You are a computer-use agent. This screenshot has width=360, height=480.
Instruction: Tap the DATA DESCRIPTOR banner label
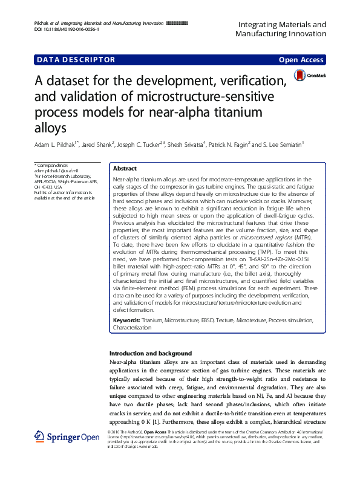click(76, 60)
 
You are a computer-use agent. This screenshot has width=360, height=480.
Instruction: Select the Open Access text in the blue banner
click(301, 60)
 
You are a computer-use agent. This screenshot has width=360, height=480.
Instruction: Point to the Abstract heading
click(125, 169)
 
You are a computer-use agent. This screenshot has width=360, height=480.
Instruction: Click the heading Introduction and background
click(150, 353)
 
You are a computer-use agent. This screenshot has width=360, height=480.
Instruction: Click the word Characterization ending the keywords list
click(133, 327)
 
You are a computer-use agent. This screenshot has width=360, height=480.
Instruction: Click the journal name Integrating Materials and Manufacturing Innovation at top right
click(279, 29)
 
